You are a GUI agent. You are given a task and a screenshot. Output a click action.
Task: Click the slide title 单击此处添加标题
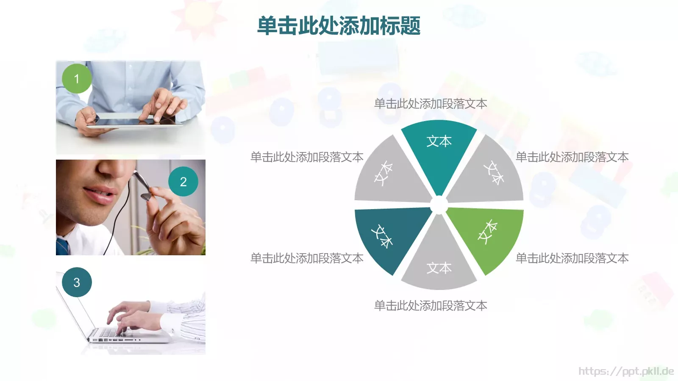[339, 25]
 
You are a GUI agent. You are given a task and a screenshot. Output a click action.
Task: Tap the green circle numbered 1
[77, 79]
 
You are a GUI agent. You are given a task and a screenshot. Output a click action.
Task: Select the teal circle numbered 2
[183, 182]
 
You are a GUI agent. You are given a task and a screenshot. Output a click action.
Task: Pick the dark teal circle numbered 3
[77, 282]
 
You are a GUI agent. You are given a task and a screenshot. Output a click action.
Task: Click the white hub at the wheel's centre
[439, 206]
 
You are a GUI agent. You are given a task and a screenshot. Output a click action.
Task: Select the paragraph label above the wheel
[431, 104]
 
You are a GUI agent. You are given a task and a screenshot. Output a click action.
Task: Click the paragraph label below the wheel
[431, 306]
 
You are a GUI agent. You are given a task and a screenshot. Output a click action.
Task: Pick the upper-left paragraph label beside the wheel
[307, 157]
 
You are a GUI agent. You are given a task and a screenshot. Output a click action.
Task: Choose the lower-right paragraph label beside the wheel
[572, 258]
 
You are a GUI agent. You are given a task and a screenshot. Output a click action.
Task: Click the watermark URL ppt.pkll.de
[626, 371]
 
